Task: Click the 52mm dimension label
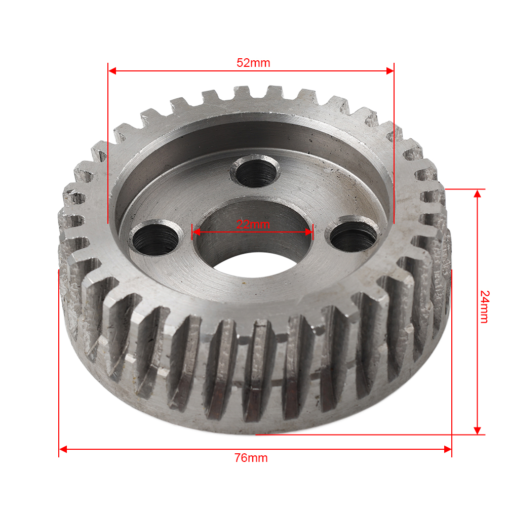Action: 253,63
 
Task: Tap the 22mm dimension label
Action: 253,224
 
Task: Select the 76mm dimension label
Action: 251,458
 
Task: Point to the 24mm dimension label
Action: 485,306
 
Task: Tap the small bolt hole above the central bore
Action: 255,171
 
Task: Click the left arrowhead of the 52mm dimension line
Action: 112,71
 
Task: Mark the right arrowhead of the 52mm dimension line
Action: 390,71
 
